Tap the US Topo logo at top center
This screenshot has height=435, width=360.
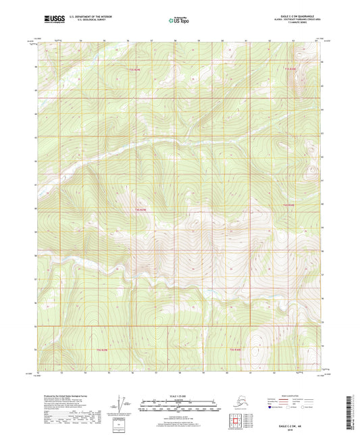pos(179,20)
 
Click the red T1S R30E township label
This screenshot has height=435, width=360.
pos(290,68)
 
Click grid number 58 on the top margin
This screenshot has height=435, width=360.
pos(175,41)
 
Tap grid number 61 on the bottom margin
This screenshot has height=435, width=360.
pos(250,372)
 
